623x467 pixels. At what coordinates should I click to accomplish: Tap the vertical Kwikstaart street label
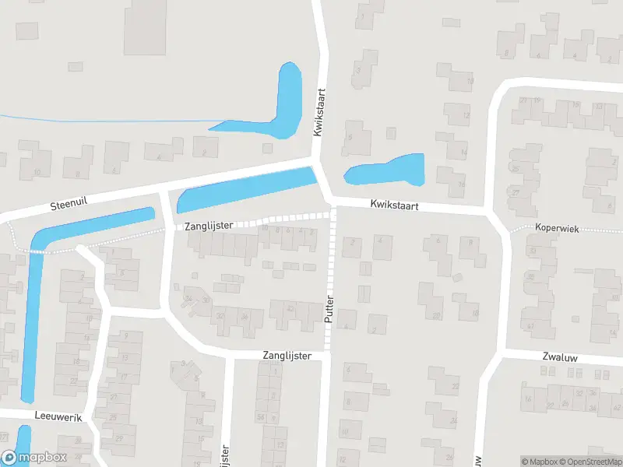tap(319, 113)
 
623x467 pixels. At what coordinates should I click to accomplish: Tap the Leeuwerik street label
tap(58, 416)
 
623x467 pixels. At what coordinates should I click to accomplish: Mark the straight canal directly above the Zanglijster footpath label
tap(245, 189)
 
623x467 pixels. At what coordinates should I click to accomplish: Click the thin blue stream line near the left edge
tap(101, 119)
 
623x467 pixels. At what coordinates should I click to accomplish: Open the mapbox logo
tap(35, 458)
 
